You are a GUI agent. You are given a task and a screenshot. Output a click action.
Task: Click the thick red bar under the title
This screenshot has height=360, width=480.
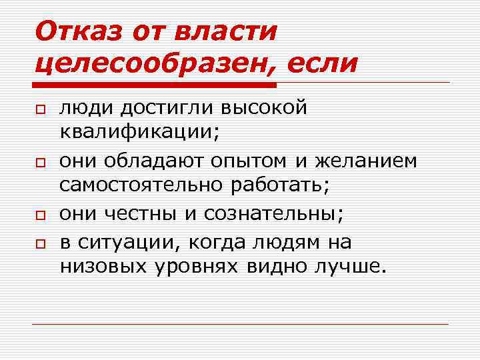(x=154, y=85)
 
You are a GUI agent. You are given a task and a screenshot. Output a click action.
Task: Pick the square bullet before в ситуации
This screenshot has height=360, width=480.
(x=40, y=243)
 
